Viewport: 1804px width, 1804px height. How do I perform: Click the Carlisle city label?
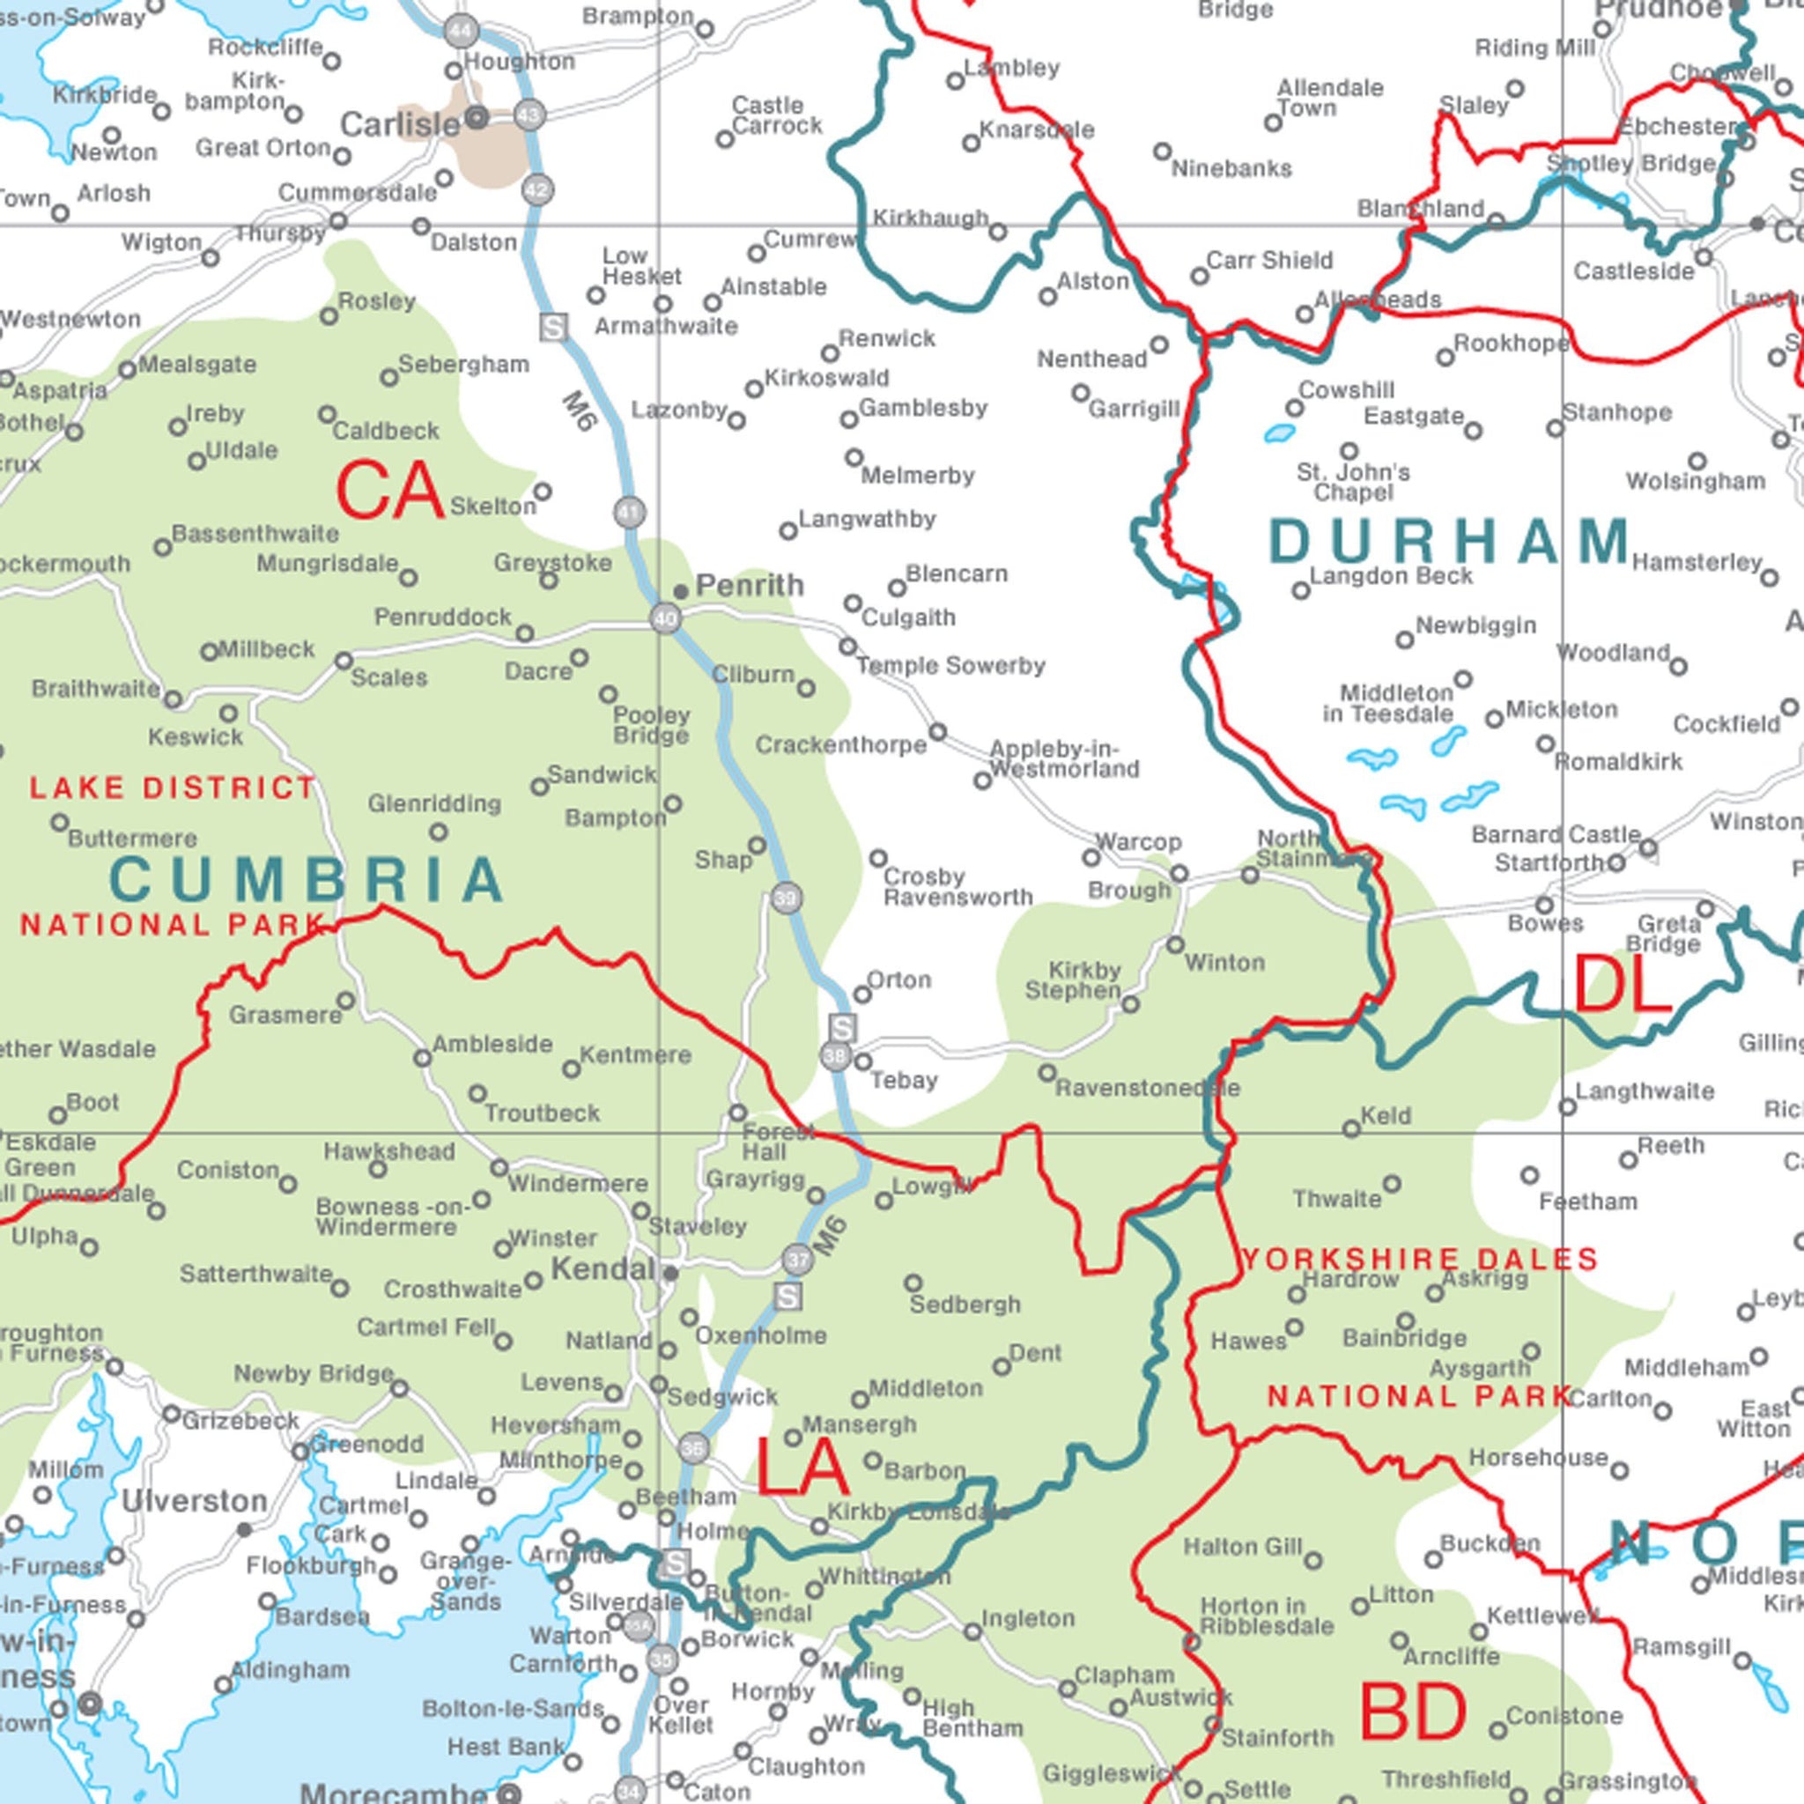[x=400, y=125]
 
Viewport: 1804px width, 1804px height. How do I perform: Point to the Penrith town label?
[x=749, y=586]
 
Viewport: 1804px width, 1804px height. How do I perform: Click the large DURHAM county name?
[x=1450, y=542]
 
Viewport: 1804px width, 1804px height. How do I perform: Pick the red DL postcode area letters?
[x=1622, y=985]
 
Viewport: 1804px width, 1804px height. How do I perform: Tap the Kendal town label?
[x=603, y=1269]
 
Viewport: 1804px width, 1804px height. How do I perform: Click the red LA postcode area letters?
[x=802, y=1468]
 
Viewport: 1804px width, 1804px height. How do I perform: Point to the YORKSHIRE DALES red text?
[x=1419, y=1260]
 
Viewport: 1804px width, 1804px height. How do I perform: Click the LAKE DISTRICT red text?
[x=173, y=788]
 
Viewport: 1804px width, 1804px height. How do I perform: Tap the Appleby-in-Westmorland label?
[x=1063, y=759]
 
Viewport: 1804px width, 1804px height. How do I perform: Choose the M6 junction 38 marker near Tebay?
[x=836, y=1056]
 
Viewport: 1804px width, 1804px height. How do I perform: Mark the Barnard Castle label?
[x=1556, y=834]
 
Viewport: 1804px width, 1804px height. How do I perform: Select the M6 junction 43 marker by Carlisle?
[x=529, y=115]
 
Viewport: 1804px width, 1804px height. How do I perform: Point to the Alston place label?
[x=1092, y=281]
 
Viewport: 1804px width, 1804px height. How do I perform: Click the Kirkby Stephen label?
[x=1075, y=980]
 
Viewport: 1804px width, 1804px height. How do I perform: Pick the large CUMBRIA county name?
[x=308, y=880]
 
